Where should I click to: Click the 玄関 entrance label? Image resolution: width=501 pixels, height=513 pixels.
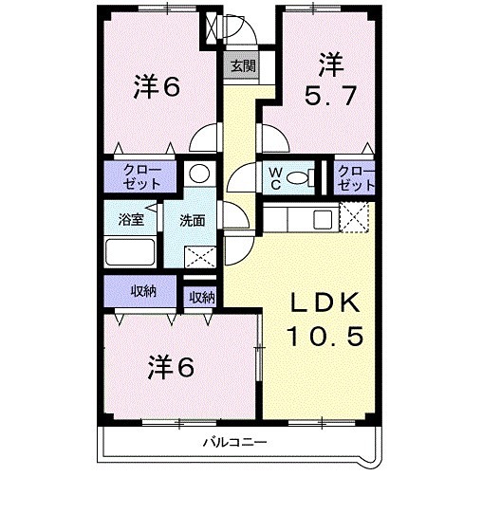(x=241, y=66)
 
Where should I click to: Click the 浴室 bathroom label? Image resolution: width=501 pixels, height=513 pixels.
(x=131, y=220)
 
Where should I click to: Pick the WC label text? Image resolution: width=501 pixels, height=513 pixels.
(x=271, y=177)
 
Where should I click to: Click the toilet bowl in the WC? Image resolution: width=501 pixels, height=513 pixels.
(x=299, y=177)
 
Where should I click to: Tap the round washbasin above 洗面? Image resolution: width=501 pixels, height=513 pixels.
(x=198, y=174)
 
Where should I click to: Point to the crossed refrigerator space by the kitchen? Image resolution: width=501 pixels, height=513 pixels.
(x=356, y=220)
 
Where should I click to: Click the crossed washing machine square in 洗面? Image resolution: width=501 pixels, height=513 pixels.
(x=199, y=256)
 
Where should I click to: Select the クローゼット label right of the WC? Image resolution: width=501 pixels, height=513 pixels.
(x=356, y=177)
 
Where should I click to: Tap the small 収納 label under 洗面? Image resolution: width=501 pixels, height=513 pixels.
(x=201, y=298)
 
